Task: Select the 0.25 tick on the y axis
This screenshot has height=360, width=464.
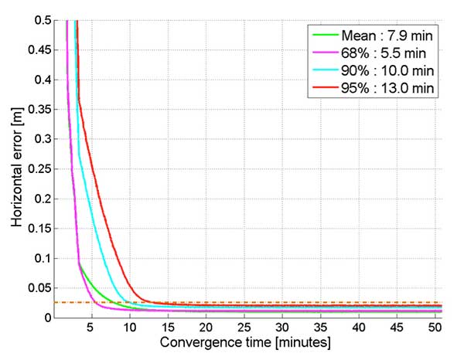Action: [x=43, y=168]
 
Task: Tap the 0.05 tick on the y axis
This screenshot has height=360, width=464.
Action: [x=43, y=287]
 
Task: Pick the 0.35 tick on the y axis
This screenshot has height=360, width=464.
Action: [x=43, y=109]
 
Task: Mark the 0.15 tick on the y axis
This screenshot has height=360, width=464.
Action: [x=43, y=228]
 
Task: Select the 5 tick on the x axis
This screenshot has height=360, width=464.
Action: [x=92, y=328]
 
